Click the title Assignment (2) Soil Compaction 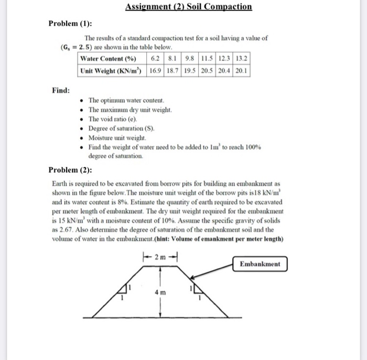tap(189, 7)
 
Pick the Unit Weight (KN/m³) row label tap(113, 70)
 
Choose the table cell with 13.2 tap(242, 58)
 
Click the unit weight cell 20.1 tap(242, 70)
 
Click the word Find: tap(61, 90)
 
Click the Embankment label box tap(261, 264)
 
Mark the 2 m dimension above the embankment tap(161, 257)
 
